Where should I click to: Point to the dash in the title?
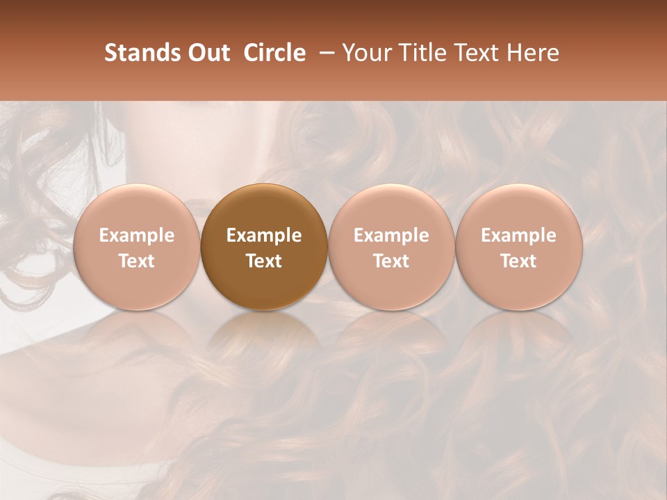pos(324,53)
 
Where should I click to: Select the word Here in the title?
pos(532,53)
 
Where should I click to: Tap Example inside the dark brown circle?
pos(264,235)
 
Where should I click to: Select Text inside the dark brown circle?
pos(264,261)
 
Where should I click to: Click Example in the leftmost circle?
pos(136,235)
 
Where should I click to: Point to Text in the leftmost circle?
pos(136,261)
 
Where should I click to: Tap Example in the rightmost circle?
pos(518,235)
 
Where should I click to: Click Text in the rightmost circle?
pos(518,261)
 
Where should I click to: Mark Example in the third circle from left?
pos(391,235)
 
